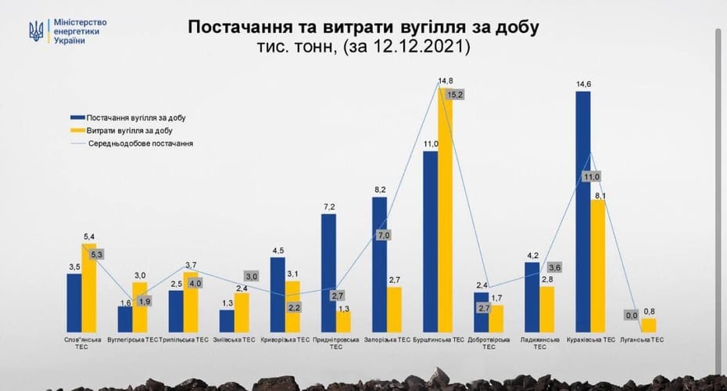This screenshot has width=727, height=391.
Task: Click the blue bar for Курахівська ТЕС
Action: coord(582,211)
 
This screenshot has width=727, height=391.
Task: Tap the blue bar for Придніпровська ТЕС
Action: coord(328,274)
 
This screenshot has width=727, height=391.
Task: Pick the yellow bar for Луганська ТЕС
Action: coord(649,325)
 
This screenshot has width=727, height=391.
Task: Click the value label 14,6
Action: coord(582,84)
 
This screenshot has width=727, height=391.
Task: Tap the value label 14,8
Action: coord(445,81)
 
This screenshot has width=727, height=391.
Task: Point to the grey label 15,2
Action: coord(456,95)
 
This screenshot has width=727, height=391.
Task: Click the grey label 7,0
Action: coord(384,235)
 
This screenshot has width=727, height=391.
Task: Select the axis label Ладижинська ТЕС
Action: coord(539,343)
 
